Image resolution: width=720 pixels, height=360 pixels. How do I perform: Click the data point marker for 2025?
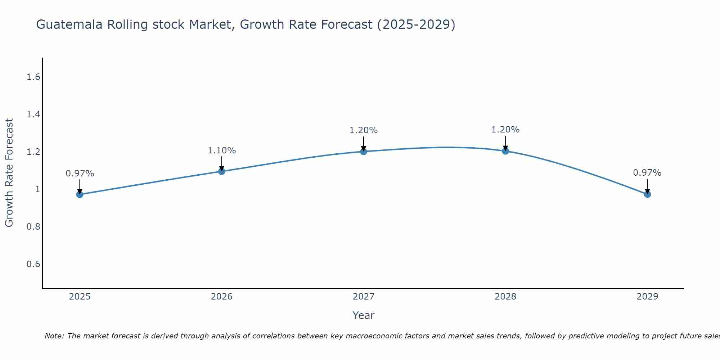pos(80,194)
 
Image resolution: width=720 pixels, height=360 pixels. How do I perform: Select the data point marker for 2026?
pos(222,171)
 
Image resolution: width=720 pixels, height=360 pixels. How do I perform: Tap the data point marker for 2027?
pos(364,151)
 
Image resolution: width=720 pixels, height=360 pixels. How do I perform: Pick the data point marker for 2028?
pos(505,151)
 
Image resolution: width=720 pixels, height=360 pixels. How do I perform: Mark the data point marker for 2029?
pos(647,194)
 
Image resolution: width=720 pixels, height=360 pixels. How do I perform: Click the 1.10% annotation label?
pos(222,150)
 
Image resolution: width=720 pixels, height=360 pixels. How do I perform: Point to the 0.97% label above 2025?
pos(80,174)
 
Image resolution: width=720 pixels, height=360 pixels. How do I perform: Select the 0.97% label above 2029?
pos(647,173)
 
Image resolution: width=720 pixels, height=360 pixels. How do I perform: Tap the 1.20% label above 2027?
pos(364,130)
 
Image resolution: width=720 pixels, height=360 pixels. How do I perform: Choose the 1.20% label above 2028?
pos(505,130)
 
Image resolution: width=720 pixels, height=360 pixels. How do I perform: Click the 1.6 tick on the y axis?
pos(33,77)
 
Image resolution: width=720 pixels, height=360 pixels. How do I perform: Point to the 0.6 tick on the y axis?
pos(33,264)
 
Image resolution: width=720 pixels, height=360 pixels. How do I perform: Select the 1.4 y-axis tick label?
pos(33,114)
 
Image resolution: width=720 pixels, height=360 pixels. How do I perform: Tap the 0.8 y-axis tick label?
pos(33,227)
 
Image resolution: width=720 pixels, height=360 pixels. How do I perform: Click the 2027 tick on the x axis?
pos(364,297)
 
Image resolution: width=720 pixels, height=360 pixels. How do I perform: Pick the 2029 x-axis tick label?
pos(647,297)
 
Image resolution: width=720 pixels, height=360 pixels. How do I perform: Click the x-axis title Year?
pos(364,315)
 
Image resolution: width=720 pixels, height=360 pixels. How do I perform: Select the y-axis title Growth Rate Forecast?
pos(9,173)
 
